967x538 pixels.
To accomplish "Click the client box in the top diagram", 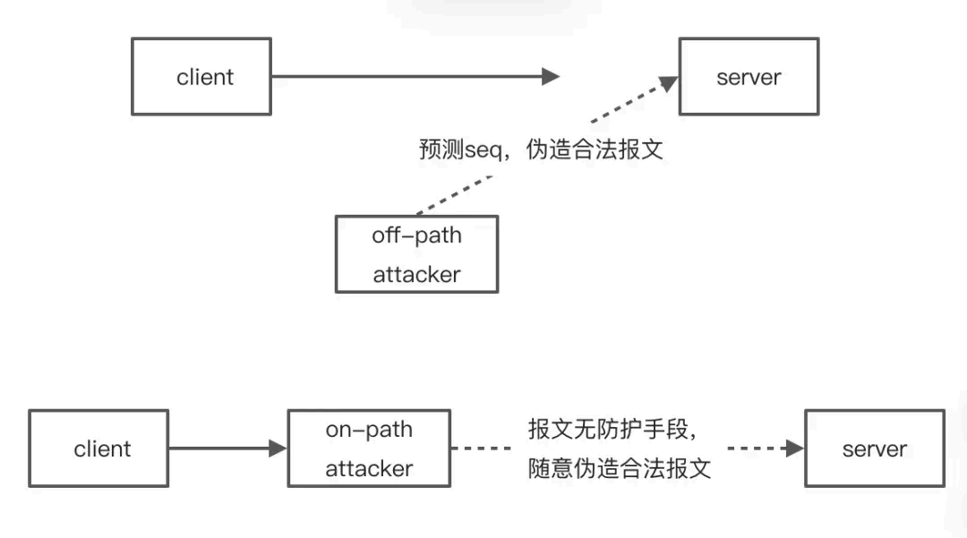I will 201,77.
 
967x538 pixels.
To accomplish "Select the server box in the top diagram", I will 749,77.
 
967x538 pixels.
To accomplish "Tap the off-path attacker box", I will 416,254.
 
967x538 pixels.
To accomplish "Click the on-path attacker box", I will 369,448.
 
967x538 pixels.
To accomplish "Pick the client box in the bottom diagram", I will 98,448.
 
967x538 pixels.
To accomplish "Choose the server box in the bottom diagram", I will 874,448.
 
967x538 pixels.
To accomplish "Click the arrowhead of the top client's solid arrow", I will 551,77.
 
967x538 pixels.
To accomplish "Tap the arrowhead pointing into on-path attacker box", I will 278,448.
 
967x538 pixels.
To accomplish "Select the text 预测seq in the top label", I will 454,149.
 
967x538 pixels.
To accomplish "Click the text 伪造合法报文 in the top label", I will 595,149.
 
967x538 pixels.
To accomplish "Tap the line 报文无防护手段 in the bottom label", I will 611,430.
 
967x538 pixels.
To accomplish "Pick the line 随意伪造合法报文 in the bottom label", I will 620,468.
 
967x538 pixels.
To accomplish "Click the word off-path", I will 416,235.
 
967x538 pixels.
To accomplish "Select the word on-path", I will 369,430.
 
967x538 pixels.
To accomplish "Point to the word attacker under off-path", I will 416,274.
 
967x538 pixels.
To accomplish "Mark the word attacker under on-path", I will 369,468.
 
